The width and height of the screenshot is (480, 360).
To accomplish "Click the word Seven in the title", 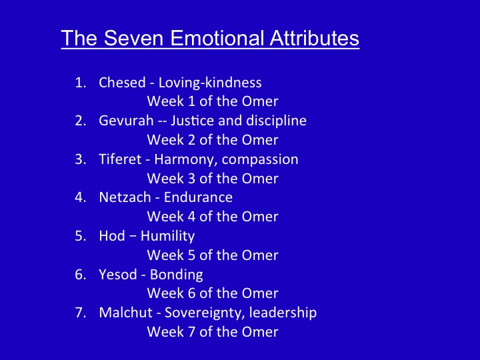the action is pyautogui.click(x=133, y=38).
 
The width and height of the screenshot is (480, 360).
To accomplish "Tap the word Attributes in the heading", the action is pyautogui.click(x=315, y=38).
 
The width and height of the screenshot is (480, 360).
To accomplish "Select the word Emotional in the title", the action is pyautogui.click(x=217, y=38).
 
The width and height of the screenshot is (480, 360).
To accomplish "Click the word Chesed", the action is pyautogui.click(x=122, y=83).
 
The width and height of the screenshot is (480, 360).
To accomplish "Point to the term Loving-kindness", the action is pyautogui.click(x=210, y=83).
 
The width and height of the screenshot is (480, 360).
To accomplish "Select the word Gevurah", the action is pyautogui.click(x=126, y=120).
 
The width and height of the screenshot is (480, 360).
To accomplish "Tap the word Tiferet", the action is pyautogui.click(x=120, y=159).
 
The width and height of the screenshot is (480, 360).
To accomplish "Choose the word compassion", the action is pyautogui.click(x=260, y=160).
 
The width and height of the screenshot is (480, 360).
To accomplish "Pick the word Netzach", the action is pyautogui.click(x=125, y=197).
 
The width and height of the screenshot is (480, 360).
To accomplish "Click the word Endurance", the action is pyautogui.click(x=198, y=197).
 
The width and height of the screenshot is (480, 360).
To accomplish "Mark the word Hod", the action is pyautogui.click(x=112, y=236).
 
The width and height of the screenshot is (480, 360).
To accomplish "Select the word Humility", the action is pyautogui.click(x=167, y=237).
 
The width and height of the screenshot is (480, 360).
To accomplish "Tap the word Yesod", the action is pyautogui.click(x=118, y=274).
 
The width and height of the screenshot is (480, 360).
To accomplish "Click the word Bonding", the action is pyautogui.click(x=176, y=275).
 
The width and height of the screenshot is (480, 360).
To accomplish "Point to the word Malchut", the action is pyautogui.click(x=126, y=313).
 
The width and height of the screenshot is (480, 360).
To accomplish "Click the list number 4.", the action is pyautogui.click(x=81, y=197).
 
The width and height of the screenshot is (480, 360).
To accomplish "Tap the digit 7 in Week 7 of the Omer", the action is pyautogui.click(x=191, y=332).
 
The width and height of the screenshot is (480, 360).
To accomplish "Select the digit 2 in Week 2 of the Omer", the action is pyautogui.click(x=191, y=140).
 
